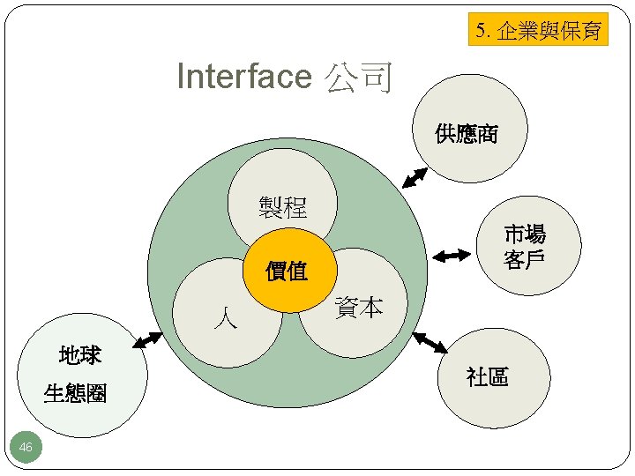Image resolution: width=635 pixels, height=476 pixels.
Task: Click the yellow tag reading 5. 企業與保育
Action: point(538,31)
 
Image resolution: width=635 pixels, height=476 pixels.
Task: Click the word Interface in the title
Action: point(243,77)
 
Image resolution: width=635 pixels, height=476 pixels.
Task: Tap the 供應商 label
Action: point(467,134)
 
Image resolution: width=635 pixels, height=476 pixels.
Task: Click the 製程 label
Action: point(282,208)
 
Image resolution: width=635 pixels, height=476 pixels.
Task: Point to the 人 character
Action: point(225,318)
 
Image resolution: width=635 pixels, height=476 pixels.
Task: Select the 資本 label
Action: point(359,308)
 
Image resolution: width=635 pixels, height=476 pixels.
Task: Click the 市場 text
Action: point(525,235)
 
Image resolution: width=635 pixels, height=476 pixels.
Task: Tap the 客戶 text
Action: point(525,261)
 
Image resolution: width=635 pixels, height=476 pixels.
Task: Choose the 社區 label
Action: point(487,377)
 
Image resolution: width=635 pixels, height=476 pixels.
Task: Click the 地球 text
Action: point(80,356)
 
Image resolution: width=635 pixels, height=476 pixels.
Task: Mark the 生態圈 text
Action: point(76,394)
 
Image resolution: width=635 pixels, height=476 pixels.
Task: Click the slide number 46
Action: point(26,448)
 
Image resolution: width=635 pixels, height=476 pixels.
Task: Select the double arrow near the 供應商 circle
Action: point(415,177)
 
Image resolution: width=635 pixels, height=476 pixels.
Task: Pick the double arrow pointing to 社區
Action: point(431,343)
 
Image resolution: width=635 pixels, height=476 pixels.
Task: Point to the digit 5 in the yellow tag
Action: point(480,31)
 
